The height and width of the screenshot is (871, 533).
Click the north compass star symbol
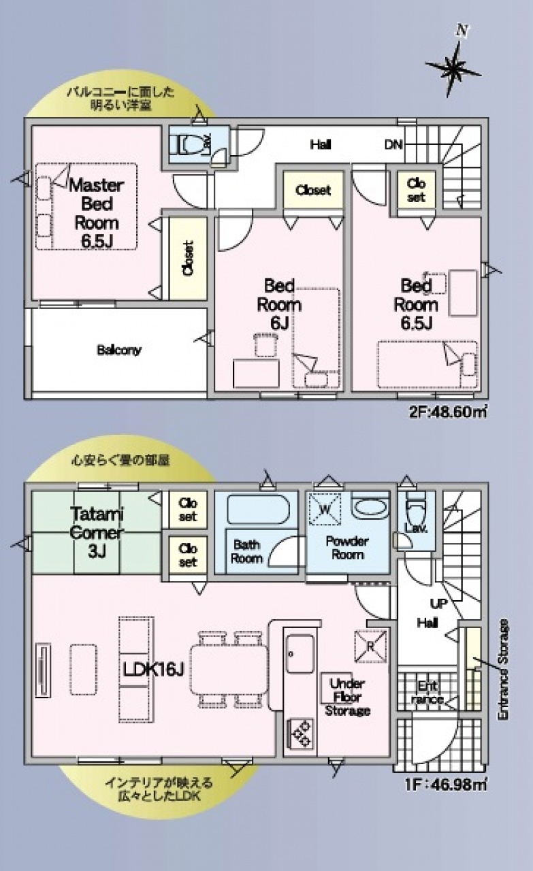click(x=453, y=69)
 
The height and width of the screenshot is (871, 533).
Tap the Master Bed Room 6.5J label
click(x=97, y=213)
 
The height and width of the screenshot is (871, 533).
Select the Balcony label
click(x=119, y=350)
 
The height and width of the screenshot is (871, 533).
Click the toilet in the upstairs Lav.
click(x=189, y=144)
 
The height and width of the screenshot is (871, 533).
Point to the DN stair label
click(x=393, y=145)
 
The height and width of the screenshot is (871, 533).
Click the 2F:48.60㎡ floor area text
click(x=448, y=412)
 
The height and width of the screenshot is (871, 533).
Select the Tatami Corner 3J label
click(x=97, y=533)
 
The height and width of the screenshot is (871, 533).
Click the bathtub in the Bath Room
click(x=258, y=510)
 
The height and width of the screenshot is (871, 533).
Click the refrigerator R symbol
click(x=370, y=646)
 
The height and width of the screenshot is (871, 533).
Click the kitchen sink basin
click(x=300, y=654)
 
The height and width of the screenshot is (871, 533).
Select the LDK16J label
click(x=152, y=669)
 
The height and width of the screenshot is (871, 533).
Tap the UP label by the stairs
click(x=438, y=604)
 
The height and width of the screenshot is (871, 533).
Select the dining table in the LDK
click(x=229, y=669)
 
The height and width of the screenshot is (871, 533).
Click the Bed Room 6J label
click(x=279, y=304)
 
